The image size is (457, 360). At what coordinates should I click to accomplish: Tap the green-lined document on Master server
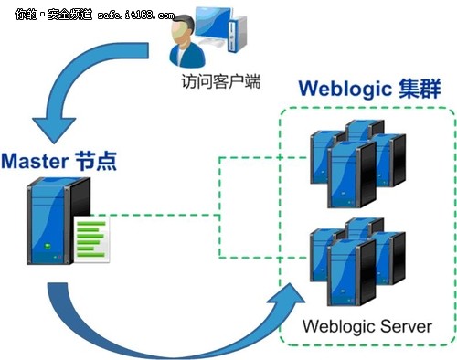pyautogui.click(x=90, y=239)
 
